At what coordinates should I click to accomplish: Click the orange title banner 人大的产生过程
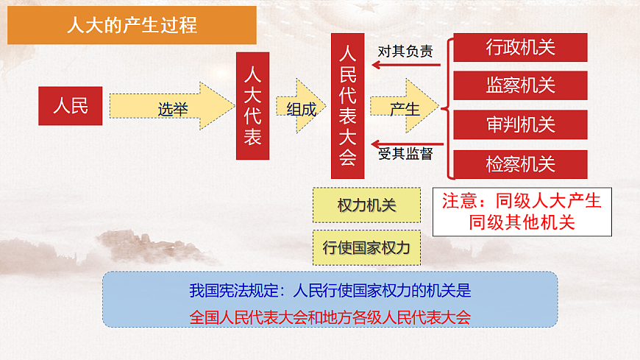click(132, 27)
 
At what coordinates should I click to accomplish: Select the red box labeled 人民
click(70, 106)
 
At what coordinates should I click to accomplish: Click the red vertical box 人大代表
click(252, 106)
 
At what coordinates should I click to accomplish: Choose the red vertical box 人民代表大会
click(347, 106)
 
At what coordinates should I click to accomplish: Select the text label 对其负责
click(405, 52)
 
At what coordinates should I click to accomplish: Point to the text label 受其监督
click(405, 155)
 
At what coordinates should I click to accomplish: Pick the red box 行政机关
click(520, 48)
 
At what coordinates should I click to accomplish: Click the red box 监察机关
click(520, 85)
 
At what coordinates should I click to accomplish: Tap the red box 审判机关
click(520, 124)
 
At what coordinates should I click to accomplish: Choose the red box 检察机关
click(520, 163)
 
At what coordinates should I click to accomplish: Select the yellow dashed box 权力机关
click(366, 205)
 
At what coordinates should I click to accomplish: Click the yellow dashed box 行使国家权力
click(366, 247)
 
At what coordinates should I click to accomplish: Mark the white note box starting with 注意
click(522, 212)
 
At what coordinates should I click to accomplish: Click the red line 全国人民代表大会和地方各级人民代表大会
click(330, 317)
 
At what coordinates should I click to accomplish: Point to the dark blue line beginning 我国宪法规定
click(330, 290)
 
